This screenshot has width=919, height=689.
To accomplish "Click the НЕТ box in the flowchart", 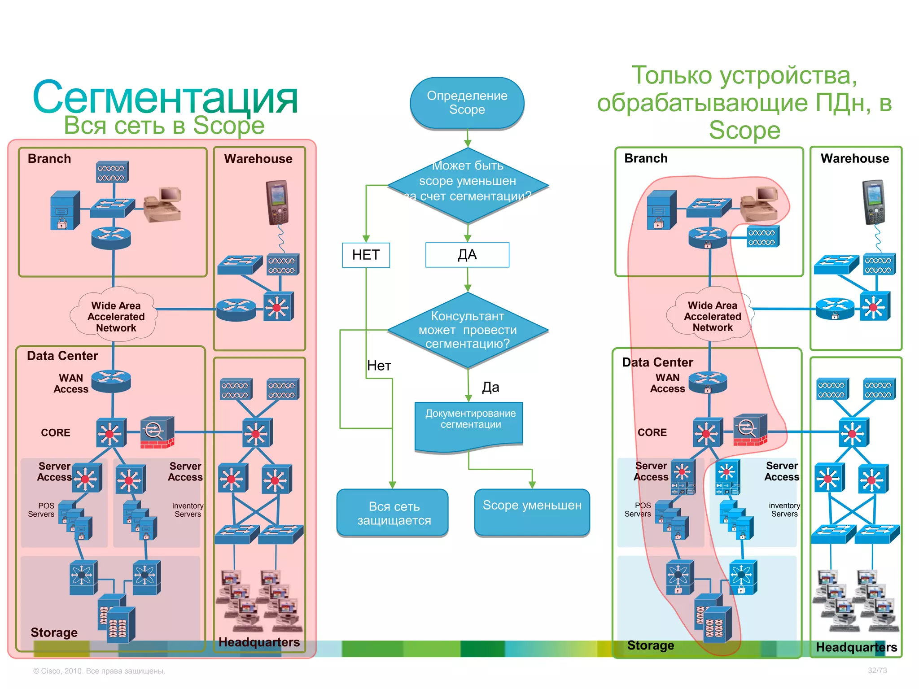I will pyautogui.click(x=366, y=255).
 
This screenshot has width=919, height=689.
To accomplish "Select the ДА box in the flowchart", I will pyautogui.click(x=467, y=255).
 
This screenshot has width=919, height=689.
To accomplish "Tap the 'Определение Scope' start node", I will pyautogui.click(x=467, y=103).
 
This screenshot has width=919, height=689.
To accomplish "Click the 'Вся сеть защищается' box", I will pyautogui.click(x=393, y=513).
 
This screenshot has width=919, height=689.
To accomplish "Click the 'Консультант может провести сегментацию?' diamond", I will pyautogui.click(x=468, y=330).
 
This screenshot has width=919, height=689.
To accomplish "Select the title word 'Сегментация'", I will pyautogui.click(x=165, y=97).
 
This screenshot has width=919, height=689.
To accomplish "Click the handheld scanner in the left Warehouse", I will pyautogui.click(x=277, y=202).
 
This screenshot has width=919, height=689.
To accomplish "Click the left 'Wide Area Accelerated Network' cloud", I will pyautogui.click(x=115, y=316).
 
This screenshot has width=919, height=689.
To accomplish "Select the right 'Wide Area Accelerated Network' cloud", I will pyautogui.click(x=712, y=316).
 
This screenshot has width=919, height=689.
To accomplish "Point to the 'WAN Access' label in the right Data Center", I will pyautogui.click(x=667, y=383).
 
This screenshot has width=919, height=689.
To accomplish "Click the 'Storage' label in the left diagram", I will pyautogui.click(x=54, y=632).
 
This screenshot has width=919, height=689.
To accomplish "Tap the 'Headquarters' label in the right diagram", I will pyautogui.click(x=856, y=647).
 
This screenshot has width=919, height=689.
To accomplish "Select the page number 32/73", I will pyautogui.click(x=877, y=670).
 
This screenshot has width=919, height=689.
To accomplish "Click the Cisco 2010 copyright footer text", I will pyautogui.click(x=99, y=671).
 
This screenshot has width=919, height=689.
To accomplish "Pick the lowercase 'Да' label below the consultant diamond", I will pyautogui.click(x=490, y=387).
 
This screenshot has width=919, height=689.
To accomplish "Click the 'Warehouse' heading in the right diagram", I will pyautogui.click(x=854, y=158).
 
